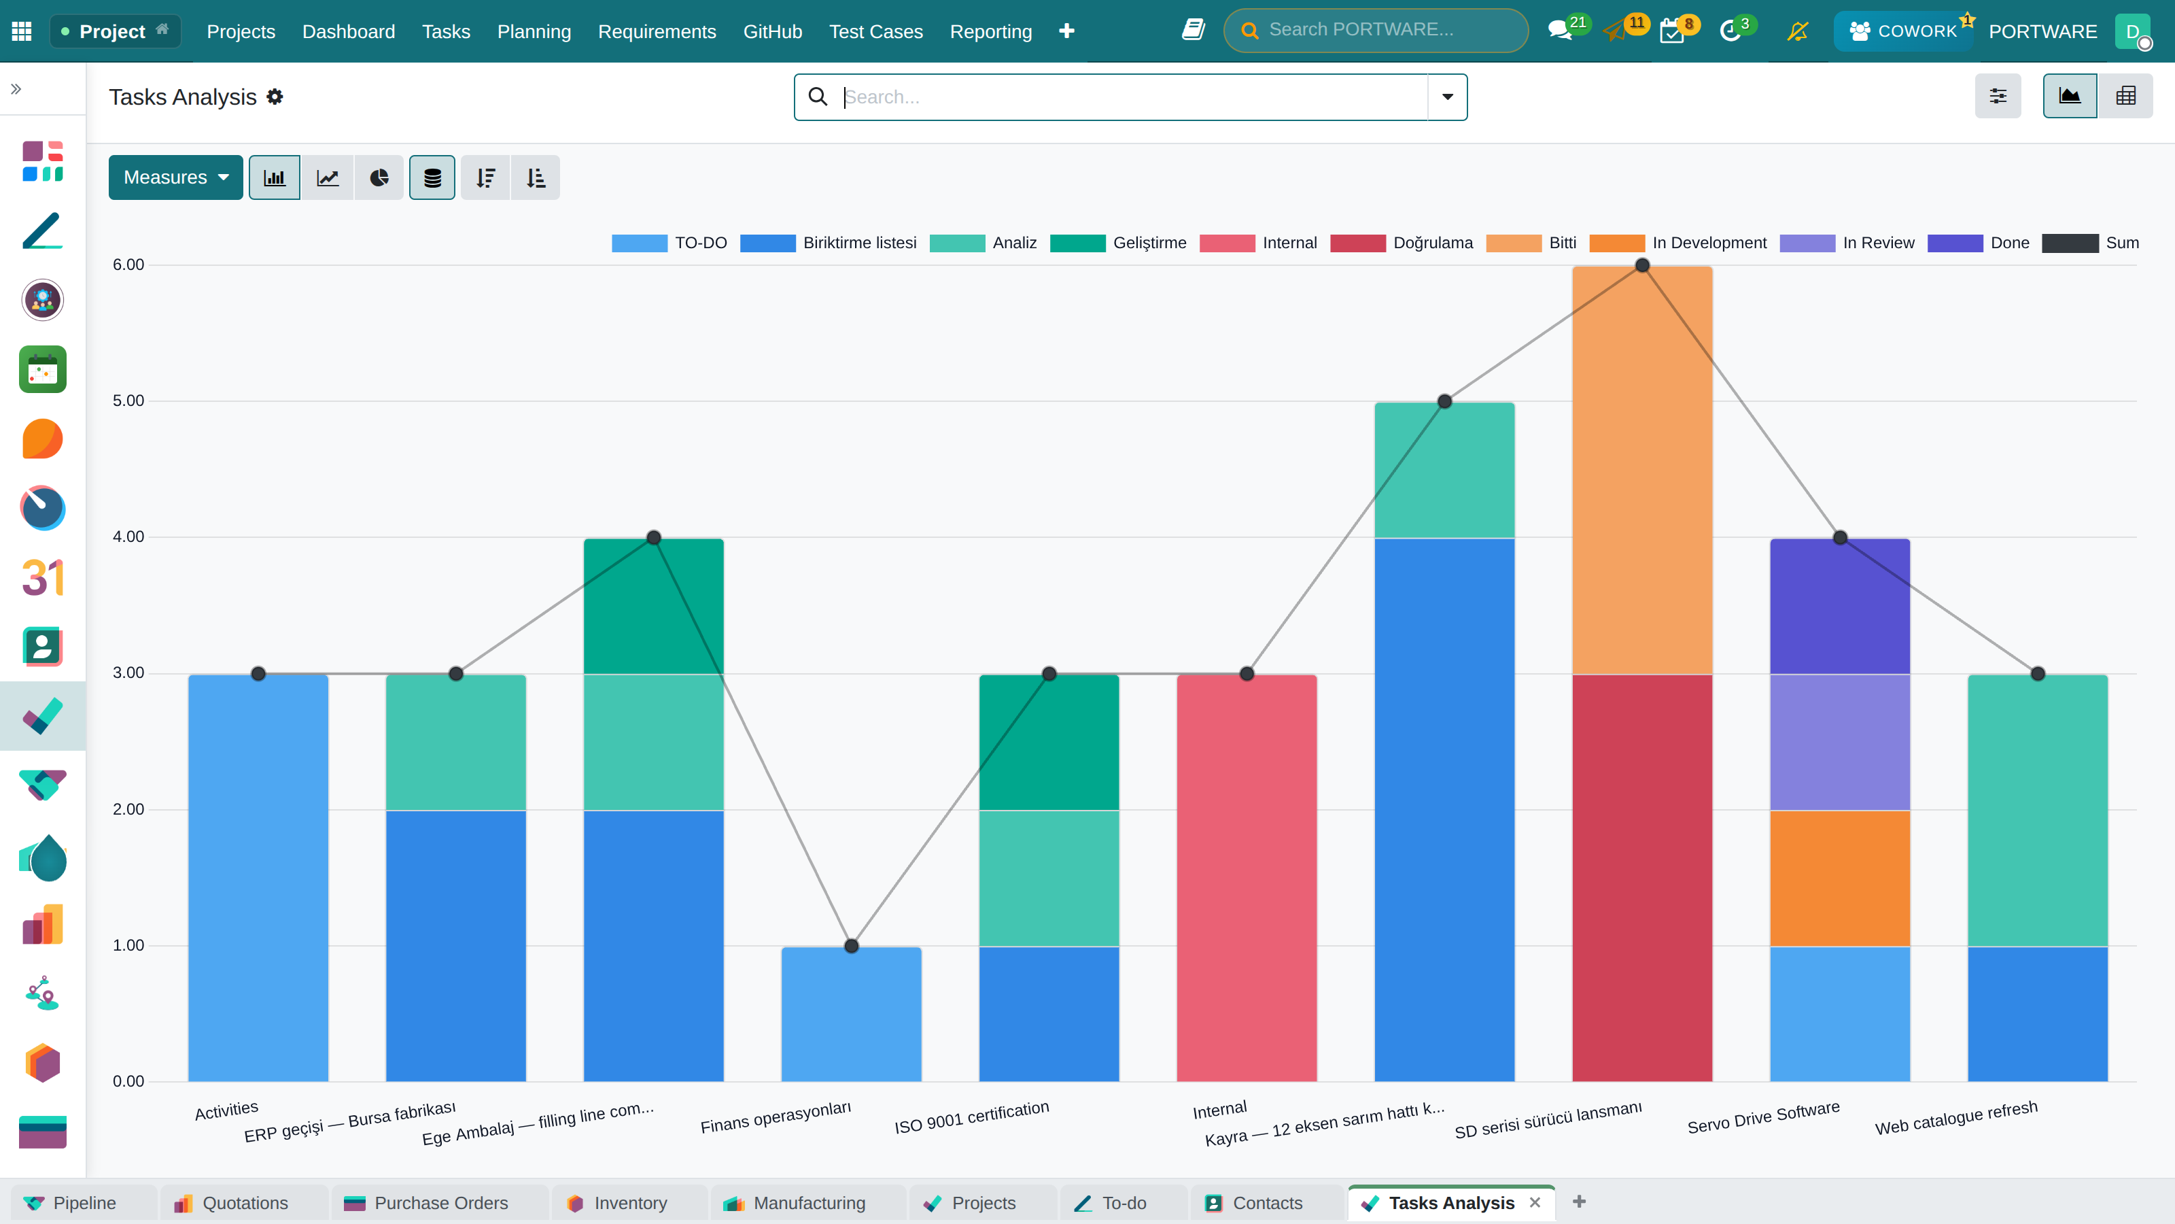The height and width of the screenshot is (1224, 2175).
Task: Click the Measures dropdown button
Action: click(x=175, y=177)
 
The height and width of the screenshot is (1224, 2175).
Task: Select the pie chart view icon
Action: click(x=379, y=177)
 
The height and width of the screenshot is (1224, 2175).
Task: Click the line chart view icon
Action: click(x=328, y=177)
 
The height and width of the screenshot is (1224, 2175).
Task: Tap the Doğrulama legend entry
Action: click(x=1402, y=243)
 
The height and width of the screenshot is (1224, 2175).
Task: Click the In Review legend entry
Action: click(x=1847, y=243)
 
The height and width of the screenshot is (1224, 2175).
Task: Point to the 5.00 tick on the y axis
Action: click(x=128, y=401)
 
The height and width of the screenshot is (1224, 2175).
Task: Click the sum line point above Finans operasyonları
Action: click(x=851, y=946)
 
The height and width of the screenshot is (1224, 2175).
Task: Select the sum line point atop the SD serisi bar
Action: click(x=1642, y=265)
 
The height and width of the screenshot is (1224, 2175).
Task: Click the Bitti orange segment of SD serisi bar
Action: click(x=1642, y=470)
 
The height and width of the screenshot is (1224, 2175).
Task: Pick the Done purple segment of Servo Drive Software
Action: click(x=1840, y=607)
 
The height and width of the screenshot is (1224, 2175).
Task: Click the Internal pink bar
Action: click(x=1247, y=878)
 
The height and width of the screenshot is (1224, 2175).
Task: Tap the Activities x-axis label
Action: click(x=226, y=1110)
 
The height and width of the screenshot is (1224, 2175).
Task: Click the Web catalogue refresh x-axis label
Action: click(x=1956, y=1117)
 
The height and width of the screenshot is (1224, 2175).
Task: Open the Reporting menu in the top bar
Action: click(x=990, y=31)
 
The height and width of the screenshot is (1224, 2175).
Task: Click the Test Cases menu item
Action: click(x=875, y=31)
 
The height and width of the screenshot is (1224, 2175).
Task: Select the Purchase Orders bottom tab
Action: click(x=440, y=1203)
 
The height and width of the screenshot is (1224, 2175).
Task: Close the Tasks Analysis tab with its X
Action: click(x=1535, y=1202)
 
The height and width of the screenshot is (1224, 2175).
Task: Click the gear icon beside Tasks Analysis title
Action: click(x=275, y=97)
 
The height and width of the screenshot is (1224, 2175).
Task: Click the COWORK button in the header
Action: click(x=1903, y=31)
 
